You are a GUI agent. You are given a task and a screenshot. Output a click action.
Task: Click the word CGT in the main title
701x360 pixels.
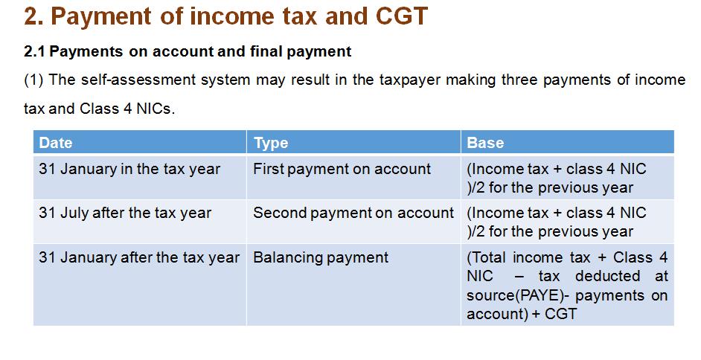pos(401,16)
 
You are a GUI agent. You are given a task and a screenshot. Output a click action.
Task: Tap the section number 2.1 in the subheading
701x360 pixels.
pos(34,51)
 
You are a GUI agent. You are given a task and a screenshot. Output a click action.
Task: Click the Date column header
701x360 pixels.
pos(55,143)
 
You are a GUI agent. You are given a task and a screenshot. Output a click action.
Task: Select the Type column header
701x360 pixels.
pos(271,143)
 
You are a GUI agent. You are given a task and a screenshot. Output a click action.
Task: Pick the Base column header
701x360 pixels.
pos(485,143)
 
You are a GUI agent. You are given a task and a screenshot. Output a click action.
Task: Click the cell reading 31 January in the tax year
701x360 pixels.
pos(129,169)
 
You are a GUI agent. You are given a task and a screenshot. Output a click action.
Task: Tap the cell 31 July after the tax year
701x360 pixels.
pos(125,213)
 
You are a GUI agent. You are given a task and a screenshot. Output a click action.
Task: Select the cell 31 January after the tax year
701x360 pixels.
pos(139,257)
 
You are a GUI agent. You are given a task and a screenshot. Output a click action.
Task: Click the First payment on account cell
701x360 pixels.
pos(342,169)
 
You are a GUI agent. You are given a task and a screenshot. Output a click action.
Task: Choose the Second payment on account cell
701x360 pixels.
pos(353,213)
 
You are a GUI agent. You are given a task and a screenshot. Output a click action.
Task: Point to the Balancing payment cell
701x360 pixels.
pos(321,257)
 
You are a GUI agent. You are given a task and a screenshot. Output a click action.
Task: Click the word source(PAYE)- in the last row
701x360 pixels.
pos(518,295)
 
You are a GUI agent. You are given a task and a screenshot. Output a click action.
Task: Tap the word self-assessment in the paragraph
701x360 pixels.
pos(138,80)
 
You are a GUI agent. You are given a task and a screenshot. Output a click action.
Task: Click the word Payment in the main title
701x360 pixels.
pos(101,16)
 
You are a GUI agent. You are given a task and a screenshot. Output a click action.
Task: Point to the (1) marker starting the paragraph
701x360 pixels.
pos(33,80)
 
